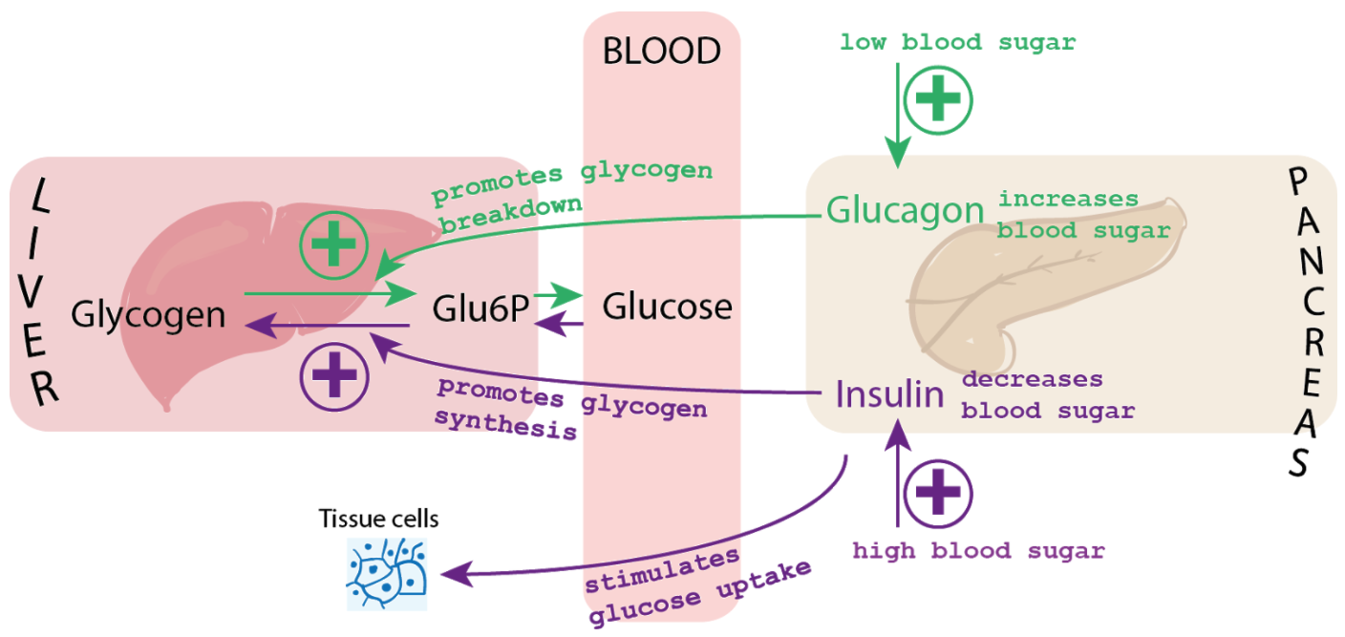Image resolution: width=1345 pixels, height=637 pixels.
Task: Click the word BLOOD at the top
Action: coord(661,51)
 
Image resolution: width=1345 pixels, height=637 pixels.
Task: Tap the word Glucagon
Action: coord(905,210)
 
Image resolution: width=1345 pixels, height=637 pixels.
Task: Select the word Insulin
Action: coord(889,393)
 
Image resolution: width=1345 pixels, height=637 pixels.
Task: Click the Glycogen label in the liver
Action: coord(148,314)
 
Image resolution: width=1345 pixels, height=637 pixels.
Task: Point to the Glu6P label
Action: coord(480,308)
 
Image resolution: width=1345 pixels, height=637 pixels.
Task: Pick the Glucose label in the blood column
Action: coord(667,307)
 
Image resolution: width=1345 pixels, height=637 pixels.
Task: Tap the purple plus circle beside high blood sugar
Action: coord(937,493)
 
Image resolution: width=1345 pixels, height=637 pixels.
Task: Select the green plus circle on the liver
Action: coord(333,245)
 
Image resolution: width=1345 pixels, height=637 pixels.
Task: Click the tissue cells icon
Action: coord(386,573)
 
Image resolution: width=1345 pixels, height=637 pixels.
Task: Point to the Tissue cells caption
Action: coord(379,520)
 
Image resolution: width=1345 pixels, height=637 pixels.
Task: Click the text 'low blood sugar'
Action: coord(957,43)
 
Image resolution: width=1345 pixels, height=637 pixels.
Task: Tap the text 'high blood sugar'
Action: coord(978,551)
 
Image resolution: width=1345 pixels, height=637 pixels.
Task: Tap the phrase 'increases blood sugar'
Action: coord(1083,215)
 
